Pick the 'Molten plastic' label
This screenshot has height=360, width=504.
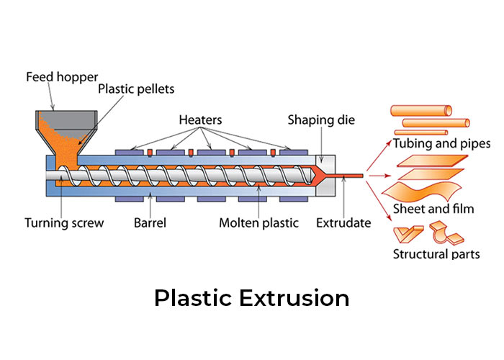[258, 223]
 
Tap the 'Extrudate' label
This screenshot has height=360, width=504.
[343, 223]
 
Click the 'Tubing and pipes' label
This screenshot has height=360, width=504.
[441, 144]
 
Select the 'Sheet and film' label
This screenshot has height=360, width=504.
[436, 210]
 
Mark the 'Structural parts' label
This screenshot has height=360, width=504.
[436, 253]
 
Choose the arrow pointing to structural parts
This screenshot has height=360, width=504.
[379, 193]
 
